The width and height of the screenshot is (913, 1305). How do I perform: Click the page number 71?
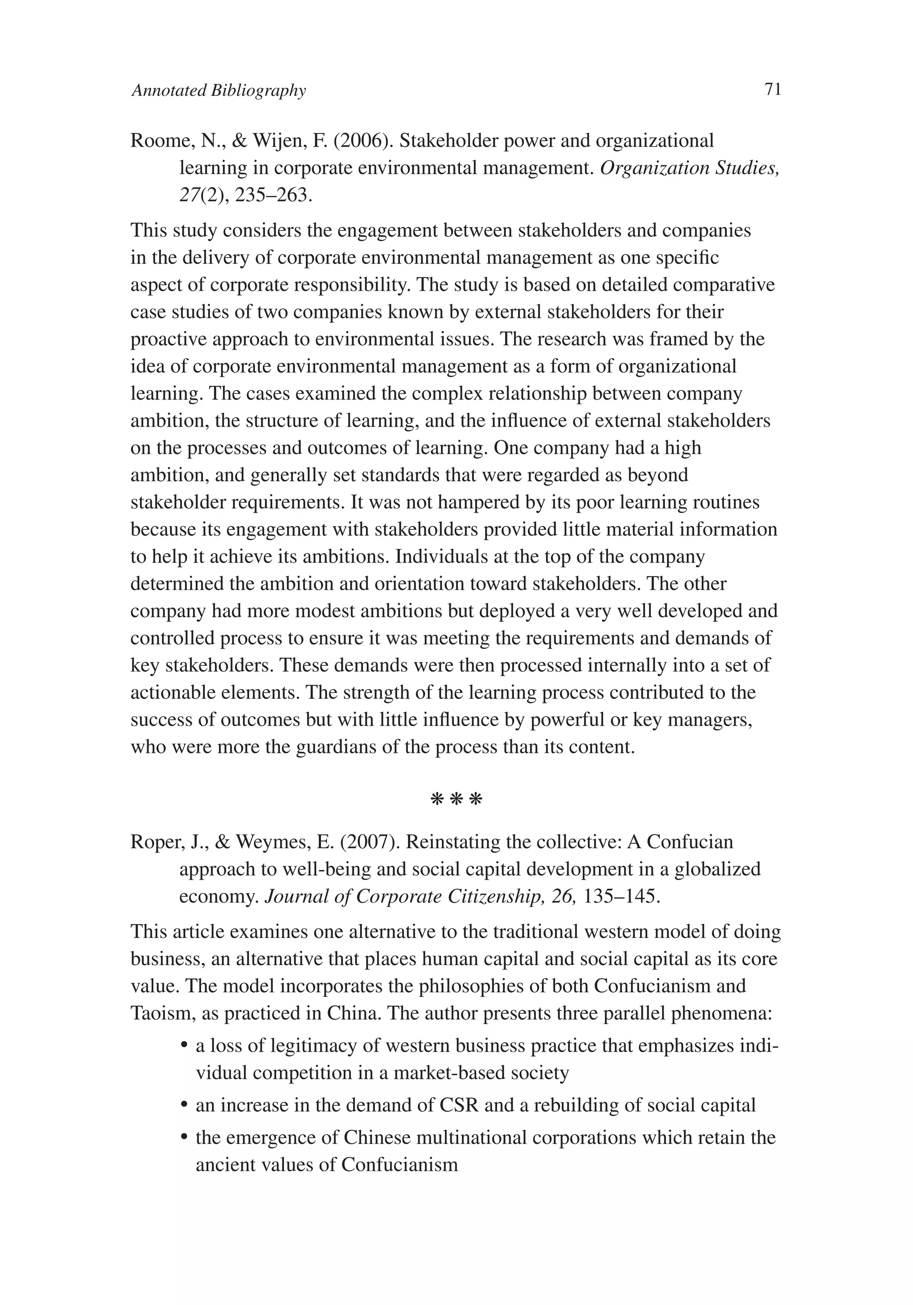773,89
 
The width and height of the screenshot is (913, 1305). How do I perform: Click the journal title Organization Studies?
689,168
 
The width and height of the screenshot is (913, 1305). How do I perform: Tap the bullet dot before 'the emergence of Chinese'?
184,1139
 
